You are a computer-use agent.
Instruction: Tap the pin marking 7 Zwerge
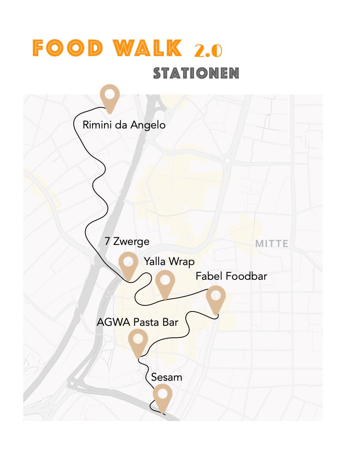click(x=129, y=263)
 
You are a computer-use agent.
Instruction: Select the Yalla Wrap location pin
click(x=165, y=281)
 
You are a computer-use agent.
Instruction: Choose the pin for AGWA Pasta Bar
click(x=138, y=340)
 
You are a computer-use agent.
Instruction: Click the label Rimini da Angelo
click(x=124, y=125)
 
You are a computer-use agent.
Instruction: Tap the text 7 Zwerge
click(x=127, y=241)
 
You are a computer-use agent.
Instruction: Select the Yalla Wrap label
click(x=169, y=262)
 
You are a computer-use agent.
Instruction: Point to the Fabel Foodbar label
click(x=231, y=276)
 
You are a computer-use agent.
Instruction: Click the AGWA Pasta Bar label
click(x=137, y=322)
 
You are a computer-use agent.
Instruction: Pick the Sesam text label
click(x=166, y=377)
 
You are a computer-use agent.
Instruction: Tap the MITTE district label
click(x=272, y=244)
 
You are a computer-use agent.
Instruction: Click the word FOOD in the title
click(x=68, y=48)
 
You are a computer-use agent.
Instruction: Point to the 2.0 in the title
click(x=208, y=51)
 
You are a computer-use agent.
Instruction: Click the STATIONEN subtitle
click(x=196, y=73)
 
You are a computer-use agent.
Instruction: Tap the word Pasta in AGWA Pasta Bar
click(x=147, y=322)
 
